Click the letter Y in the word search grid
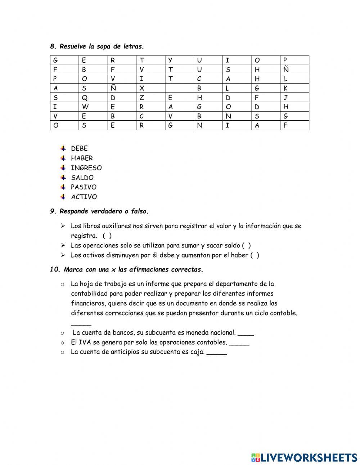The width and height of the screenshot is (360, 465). (x=170, y=60)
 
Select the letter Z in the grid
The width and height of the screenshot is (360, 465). (x=142, y=98)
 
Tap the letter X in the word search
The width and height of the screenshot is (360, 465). (x=142, y=88)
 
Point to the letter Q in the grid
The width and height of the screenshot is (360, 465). (x=84, y=98)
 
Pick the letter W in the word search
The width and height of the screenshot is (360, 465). (x=85, y=107)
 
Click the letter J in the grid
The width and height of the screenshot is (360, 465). (x=285, y=98)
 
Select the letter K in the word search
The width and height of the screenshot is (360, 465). (x=285, y=88)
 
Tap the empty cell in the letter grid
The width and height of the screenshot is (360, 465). (x=179, y=88)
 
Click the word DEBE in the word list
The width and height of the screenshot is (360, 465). (x=79, y=148)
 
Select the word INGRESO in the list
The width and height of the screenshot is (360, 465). (x=86, y=168)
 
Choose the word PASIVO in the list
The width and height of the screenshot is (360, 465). (x=84, y=187)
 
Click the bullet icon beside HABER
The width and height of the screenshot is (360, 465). (x=63, y=158)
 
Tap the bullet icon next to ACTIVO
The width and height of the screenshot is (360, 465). (x=63, y=197)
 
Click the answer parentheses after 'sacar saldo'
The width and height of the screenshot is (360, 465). (x=246, y=246)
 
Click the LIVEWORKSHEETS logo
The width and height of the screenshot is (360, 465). (x=304, y=457)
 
